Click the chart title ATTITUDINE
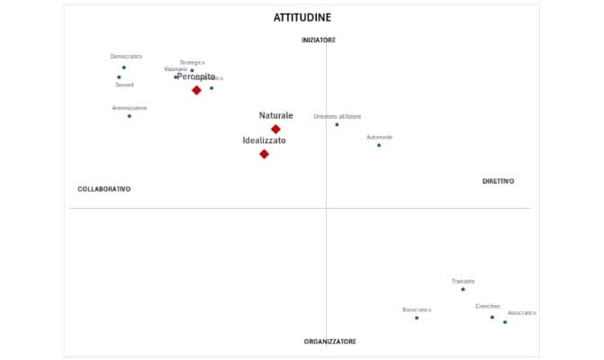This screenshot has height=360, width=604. click(x=302, y=18)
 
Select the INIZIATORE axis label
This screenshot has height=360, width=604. click(x=319, y=40)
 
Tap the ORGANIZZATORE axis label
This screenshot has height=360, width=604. click(x=329, y=342)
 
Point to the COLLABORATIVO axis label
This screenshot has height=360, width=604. click(x=104, y=189)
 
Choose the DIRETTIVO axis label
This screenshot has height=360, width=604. click(x=498, y=182)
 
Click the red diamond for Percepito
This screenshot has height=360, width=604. click(x=196, y=90)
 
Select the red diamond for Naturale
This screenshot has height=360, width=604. click(x=275, y=130)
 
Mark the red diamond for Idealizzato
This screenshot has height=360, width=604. click(x=264, y=154)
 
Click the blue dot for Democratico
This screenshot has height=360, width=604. click(x=124, y=67)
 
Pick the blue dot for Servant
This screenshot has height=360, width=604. click(x=119, y=77)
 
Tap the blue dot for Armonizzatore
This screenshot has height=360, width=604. click(x=129, y=116)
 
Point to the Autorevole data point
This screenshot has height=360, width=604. click(x=379, y=145)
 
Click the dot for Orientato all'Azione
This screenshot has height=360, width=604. click(x=337, y=124)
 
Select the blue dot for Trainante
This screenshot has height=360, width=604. click(x=463, y=289)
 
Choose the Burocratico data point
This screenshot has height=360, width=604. click(x=417, y=318)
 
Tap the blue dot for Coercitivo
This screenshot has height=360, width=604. click(x=492, y=317)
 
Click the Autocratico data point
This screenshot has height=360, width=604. click(x=505, y=322)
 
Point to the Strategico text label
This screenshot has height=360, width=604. click(x=192, y=62)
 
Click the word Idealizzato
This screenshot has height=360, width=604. click(x=265, y=141)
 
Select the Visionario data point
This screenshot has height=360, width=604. click(x=176, y=77)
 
